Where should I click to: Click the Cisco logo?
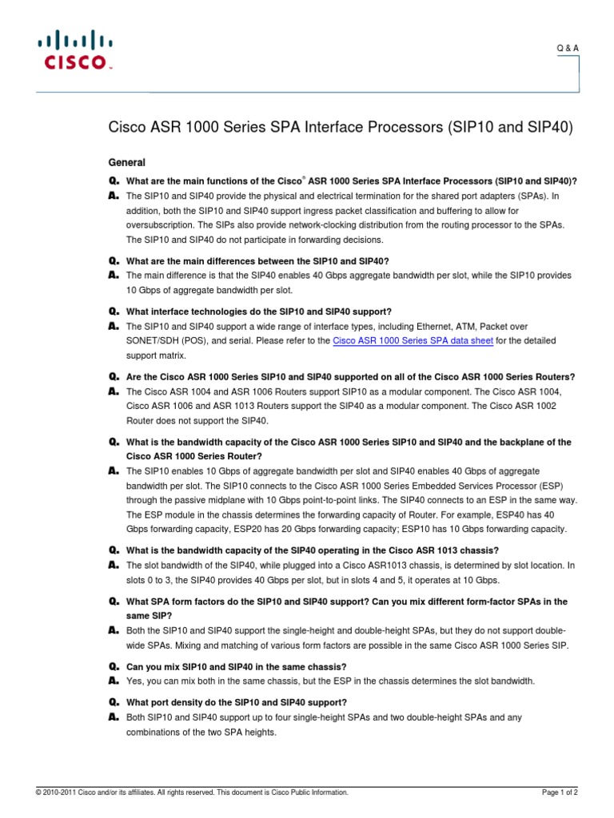point(74,50)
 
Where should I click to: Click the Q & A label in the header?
point(568,49)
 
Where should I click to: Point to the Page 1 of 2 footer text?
point(560,792)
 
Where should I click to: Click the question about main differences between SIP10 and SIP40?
point(259,261)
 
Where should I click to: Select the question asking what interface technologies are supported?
point(260,312)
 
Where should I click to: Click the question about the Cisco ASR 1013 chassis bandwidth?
point(313,550)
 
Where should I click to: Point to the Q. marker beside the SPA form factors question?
point(114,602)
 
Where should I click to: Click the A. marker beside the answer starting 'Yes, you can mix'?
point(114,681)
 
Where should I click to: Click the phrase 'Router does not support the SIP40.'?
point(198,420)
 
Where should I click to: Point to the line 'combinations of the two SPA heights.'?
point(201,732)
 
